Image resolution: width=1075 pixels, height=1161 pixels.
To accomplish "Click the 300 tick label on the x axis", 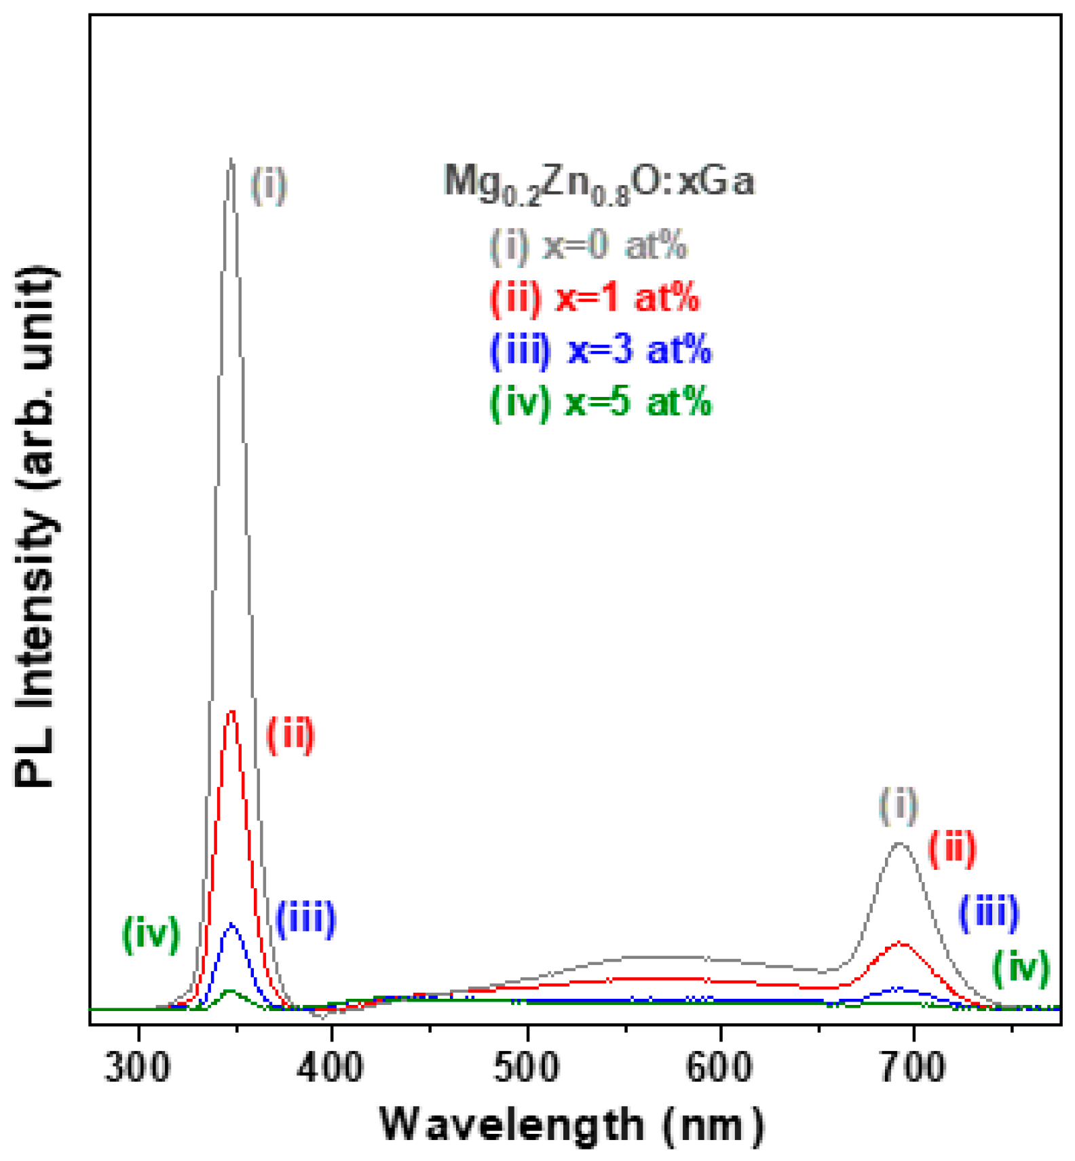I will pyautogui.click(x=138, y=1067).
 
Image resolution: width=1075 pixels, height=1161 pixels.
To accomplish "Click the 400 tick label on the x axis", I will pyautogui.click(x=331, y=1067).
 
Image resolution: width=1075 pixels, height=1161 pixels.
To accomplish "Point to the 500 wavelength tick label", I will pyautogui.click(x=527, y=1067).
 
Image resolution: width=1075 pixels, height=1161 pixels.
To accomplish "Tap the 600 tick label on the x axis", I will pyautogui.click(x=719, y=1067).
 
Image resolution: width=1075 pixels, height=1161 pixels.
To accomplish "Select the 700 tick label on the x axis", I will pyautogui.click(x=913, y=1067).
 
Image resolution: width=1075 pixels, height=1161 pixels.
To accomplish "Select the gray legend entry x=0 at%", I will pyautogui.click(x=588, y=245).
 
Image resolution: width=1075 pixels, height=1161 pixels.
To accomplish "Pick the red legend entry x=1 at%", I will pyautogui.click(x=594, y=297).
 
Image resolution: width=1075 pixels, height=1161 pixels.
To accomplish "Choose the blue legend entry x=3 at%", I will pyautogui.click(x=600, y=349).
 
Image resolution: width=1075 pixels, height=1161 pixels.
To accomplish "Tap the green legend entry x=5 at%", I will pyautogui.click(x=600, y=402).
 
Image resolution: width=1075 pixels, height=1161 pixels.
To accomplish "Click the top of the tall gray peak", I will pyautogui.click(x=231, y=161).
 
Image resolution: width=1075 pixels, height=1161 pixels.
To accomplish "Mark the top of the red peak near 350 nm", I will pyautogui.click(x=232, y=712).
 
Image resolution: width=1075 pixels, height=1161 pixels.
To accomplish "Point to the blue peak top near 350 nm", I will pyautogui.click(x=232, y=924).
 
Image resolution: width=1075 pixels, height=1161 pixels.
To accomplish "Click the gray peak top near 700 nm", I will pyautogui.click(x=900, y=843).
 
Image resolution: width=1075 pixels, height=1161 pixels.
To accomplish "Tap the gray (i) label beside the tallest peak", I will pyautogui.click(x=269, y=185).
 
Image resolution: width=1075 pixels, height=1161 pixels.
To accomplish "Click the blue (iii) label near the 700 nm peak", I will pyautogui.click(x=989, y=912).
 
